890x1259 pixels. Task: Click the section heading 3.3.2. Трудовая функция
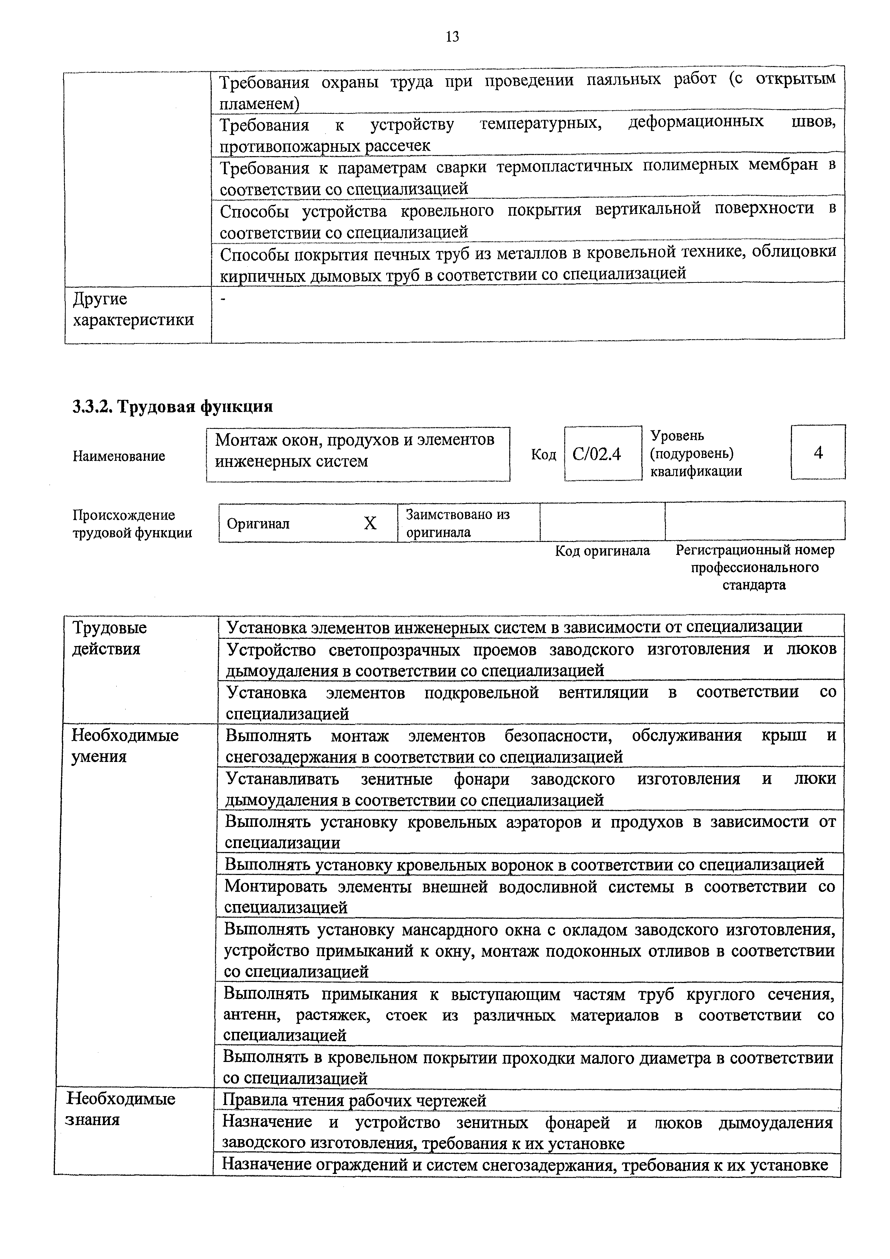[x=172, y=406]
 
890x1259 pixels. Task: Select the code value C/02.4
[x=597, y=454]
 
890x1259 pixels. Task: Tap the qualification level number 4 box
[x=818, y=452]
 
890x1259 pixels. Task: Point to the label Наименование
[x=118, y=456]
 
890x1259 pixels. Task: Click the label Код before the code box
[x=543, y=455]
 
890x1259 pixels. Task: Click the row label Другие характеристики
[x=133, y=309]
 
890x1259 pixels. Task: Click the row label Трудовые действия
[x=110, y=638]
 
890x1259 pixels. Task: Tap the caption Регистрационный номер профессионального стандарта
[x=755, y=567]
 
